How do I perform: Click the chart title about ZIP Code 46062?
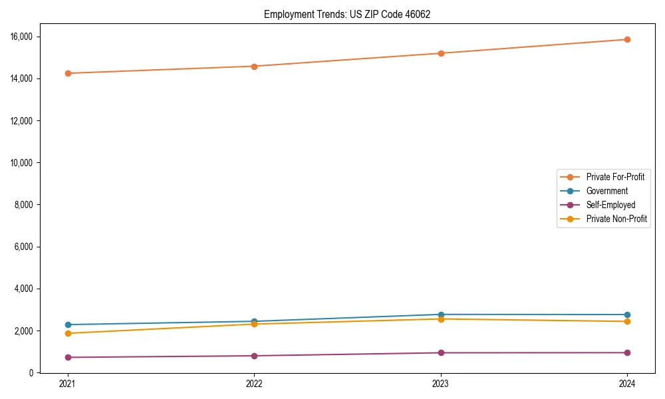click(347, 15)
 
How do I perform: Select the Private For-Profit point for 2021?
click(68, 73)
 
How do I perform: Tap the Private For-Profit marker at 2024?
click(627, 39)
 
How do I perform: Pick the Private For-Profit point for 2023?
click(441, 53)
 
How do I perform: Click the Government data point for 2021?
click(68, 325)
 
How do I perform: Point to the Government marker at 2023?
click(441, 315)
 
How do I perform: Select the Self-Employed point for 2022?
click(254, 356)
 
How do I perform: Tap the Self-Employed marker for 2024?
click(627, 352)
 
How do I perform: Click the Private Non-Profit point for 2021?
click(68, 333)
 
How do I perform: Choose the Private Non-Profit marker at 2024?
click(627, 321)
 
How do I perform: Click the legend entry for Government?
click(606, 191)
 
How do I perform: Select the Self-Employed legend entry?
click(610, 205)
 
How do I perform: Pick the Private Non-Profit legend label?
click(616, 219)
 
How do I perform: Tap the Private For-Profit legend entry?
click(615, 177)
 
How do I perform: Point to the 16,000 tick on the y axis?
click(22, 37)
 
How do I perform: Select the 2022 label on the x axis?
click(254, 384)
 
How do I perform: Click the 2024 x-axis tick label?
click(627, 384)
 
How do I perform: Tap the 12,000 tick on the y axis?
click(22, 120)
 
